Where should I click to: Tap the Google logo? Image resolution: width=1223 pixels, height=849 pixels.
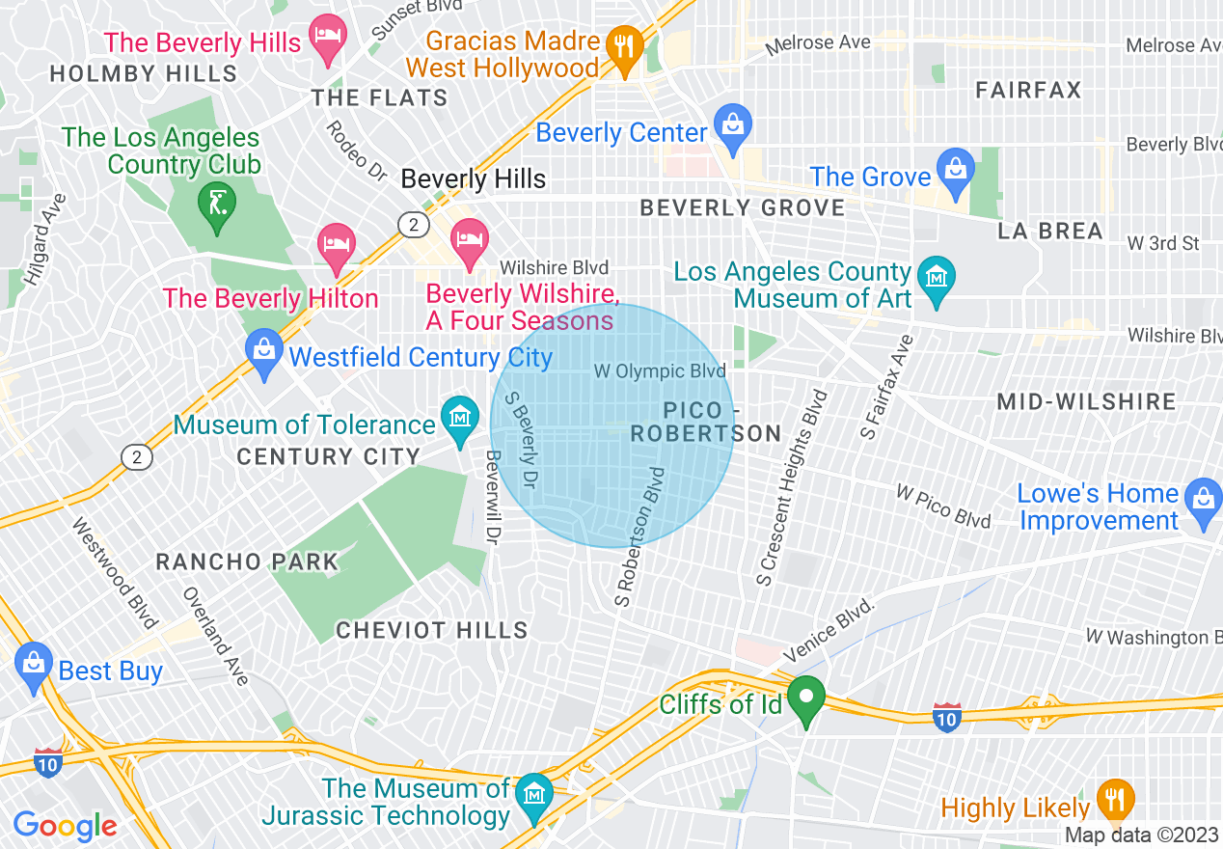click(66, 826)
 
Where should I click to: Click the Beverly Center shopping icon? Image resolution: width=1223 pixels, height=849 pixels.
click(733, 125)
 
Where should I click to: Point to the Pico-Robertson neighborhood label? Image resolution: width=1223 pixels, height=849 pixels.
click(706, 423)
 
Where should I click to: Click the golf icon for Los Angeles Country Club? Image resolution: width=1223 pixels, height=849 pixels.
click(217, 203)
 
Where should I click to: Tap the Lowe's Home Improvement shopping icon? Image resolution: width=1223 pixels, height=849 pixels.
click(1202, 500)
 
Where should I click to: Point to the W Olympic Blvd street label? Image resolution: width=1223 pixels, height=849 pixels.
click(659, 371)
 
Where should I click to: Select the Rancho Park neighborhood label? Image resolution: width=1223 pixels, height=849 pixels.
click(247, 561)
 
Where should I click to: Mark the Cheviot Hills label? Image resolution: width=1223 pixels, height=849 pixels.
click(431, 631)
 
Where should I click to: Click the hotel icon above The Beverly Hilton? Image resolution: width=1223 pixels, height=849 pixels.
click(337, 243)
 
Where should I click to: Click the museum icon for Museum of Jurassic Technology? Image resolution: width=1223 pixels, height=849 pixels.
click(532, 794)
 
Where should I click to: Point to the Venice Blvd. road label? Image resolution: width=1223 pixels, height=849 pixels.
click(829, 630)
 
